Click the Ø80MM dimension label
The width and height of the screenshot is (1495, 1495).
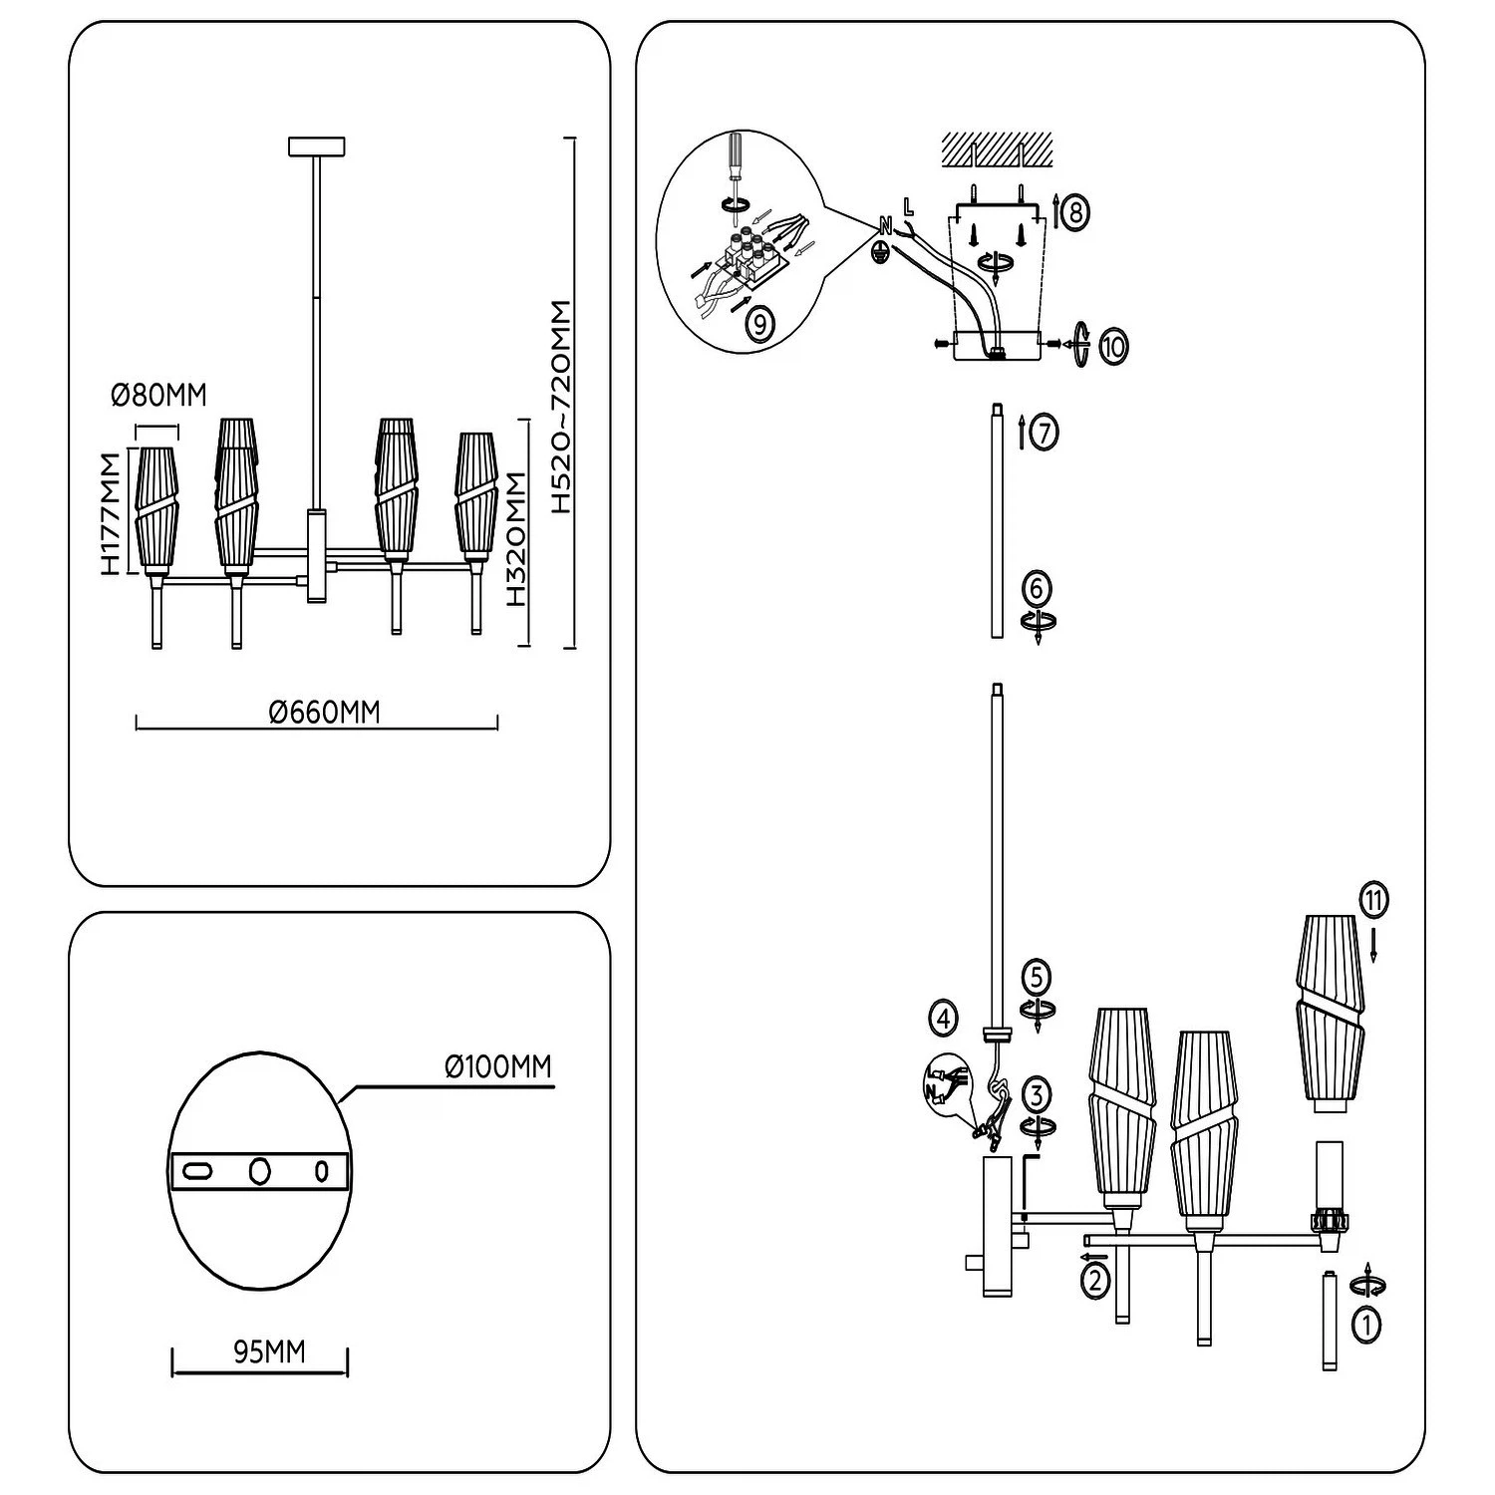158,396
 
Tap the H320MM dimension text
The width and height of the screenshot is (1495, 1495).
515,539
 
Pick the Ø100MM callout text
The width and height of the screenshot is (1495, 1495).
497,1067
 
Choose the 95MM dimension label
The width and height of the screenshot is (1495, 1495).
269,1352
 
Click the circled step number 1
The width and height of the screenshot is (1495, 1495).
1366,1325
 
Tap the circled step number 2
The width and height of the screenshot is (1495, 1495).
1095,1280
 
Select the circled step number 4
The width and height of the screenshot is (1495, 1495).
943,1018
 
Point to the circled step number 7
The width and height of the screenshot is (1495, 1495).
1044,434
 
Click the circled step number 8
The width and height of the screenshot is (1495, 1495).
1073,212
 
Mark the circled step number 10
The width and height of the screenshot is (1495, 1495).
1113,348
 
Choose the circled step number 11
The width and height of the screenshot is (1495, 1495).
1372,901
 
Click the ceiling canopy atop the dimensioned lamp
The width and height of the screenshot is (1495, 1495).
316,146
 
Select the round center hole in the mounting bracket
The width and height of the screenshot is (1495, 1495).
260,1171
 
